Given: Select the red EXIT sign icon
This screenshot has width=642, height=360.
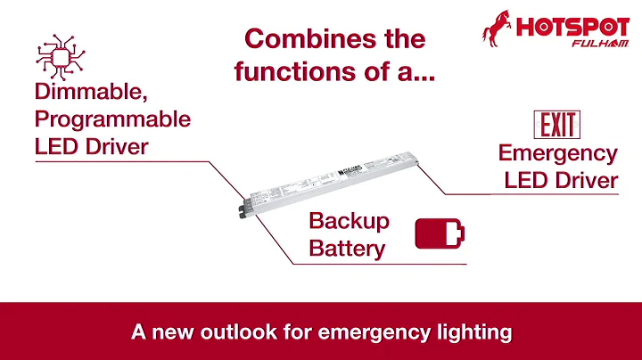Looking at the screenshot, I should pos(556,125).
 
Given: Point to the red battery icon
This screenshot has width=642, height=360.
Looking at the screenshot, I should pos(440,234).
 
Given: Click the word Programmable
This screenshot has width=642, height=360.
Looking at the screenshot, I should pos(112,119).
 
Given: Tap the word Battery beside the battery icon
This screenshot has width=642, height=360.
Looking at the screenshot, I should pos(347,249).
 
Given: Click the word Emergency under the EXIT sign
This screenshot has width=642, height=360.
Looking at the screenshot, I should pos(557,153).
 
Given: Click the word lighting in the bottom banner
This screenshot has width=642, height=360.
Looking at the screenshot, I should pos(476,332).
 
